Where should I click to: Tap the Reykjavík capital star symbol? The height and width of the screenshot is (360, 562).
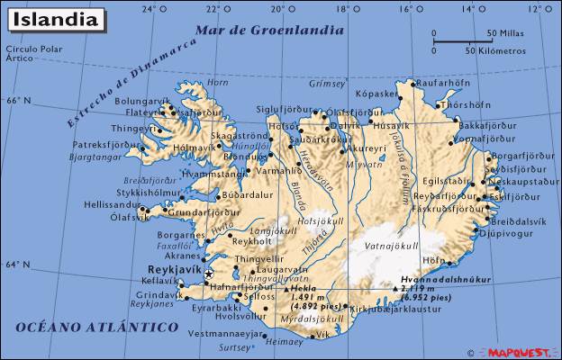(x=209, y=274)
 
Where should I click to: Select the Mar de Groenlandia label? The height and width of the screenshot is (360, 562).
(x=270, y=30)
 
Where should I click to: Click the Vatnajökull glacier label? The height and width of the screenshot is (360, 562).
(x=391, y=246)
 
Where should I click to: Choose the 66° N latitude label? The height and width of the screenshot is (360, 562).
(x=18, y=101)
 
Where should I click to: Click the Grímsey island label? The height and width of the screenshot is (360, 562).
(x=327, y=83)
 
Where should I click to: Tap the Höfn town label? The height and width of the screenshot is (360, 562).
(x=435, y=260)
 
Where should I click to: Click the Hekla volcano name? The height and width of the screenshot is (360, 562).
(x=304, y=289)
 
